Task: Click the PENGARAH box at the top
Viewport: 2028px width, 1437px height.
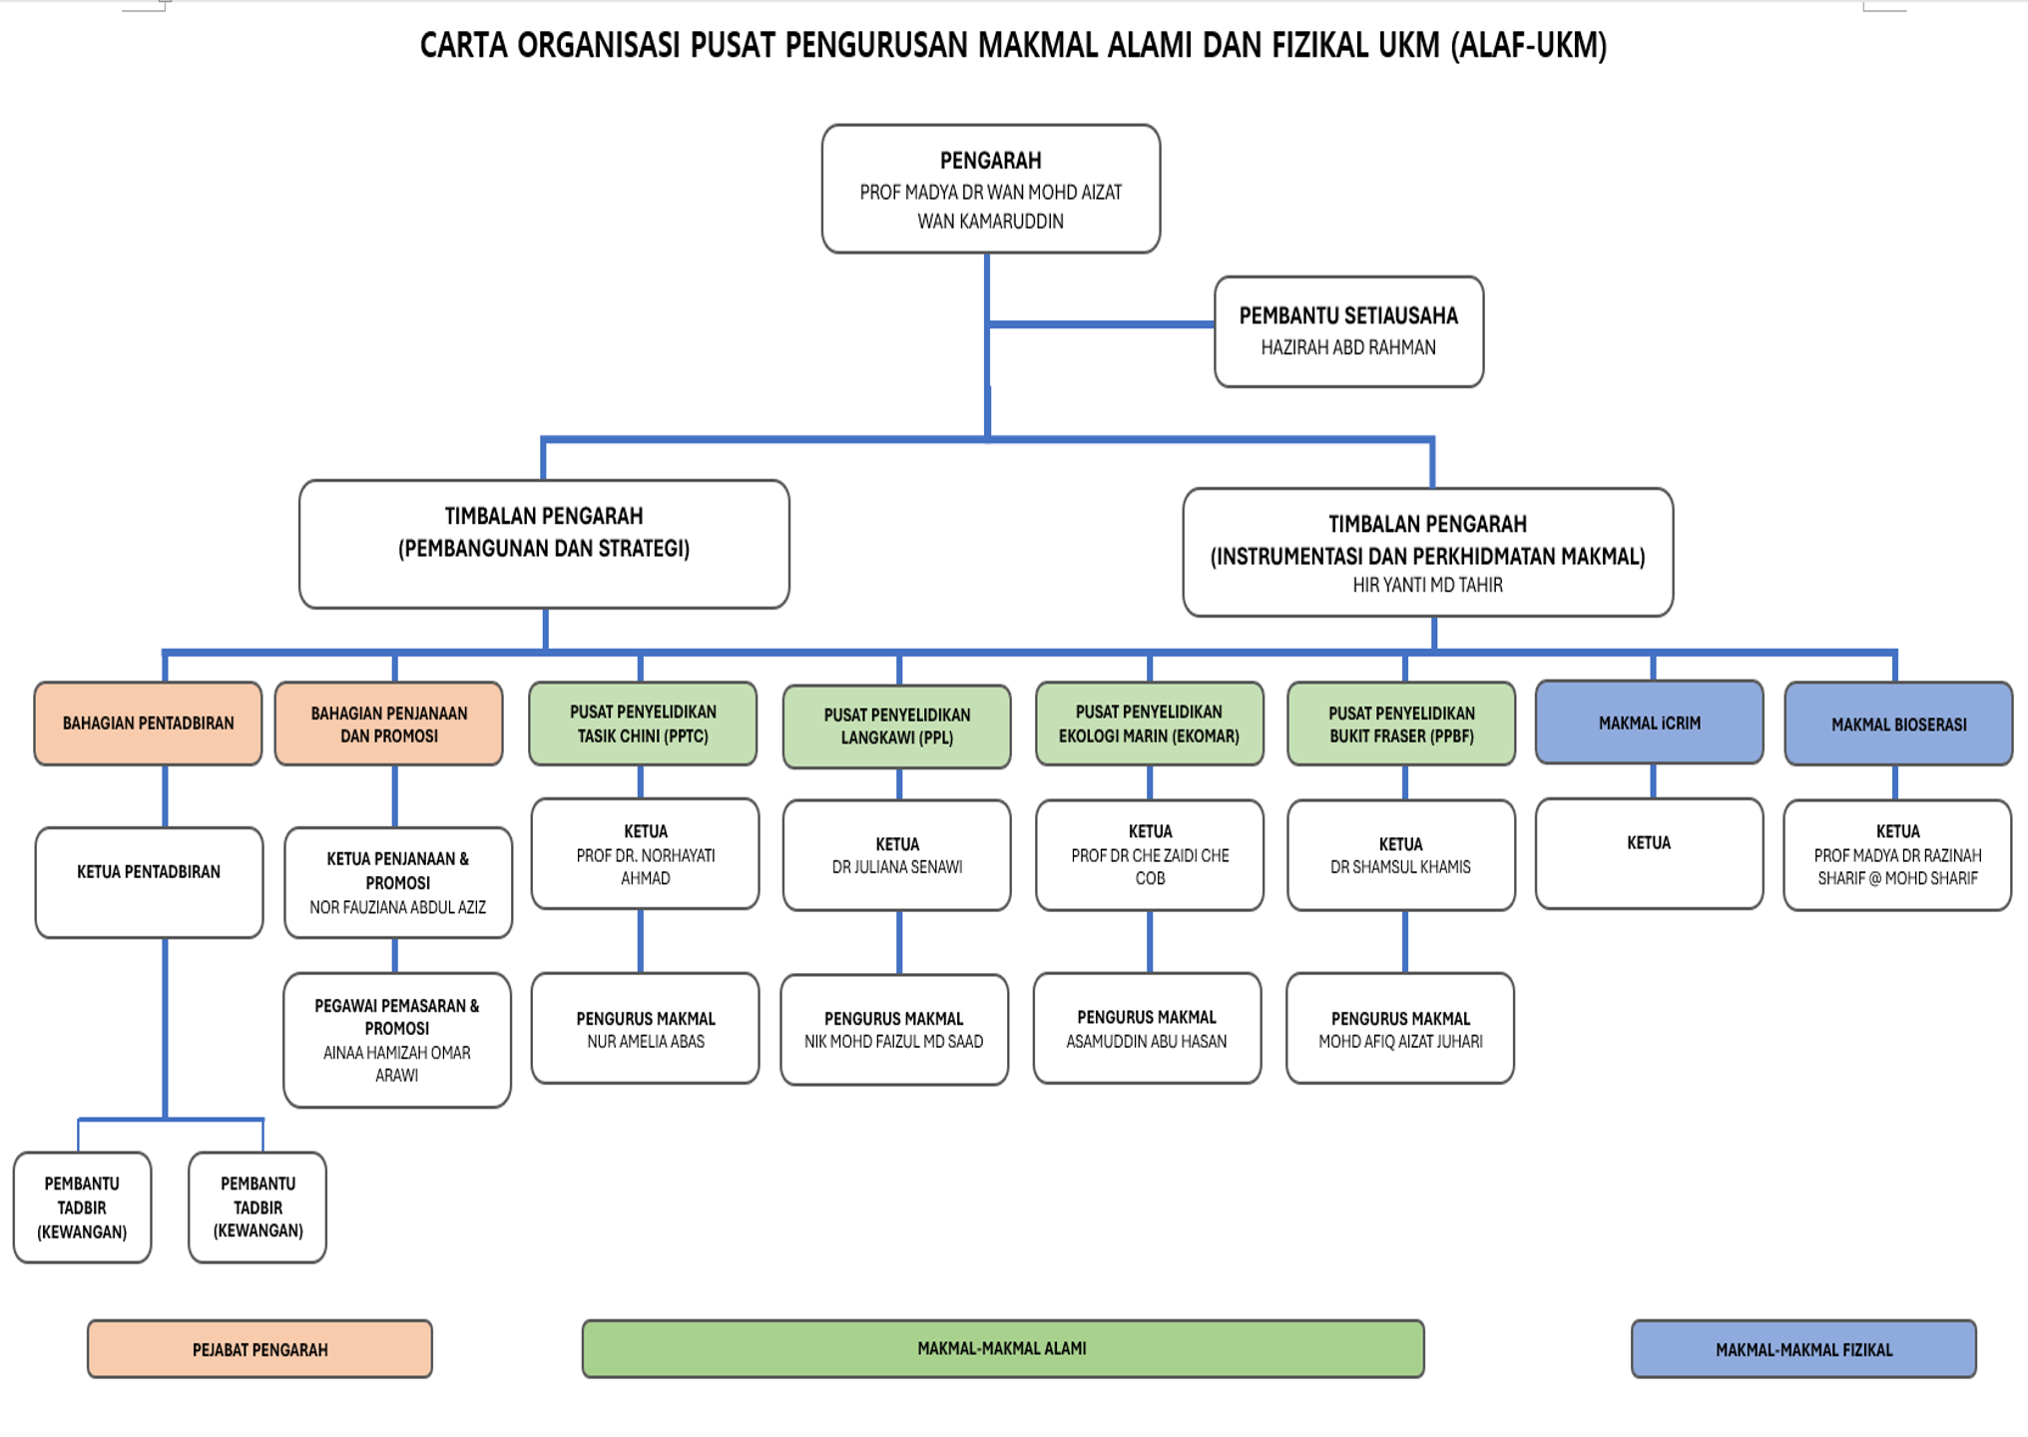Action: point(990,189)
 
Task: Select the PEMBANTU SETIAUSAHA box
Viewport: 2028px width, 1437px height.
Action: point(1347,331)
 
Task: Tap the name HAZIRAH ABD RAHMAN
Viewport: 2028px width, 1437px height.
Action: point(1347,347)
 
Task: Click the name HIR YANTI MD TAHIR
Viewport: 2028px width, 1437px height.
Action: point(1427,586)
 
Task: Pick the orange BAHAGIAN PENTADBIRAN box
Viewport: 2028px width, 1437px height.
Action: point(148,723)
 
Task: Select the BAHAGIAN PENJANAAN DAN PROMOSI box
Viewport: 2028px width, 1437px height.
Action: point(388,724)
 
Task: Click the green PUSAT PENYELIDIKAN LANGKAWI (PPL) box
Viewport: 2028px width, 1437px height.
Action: point(896,726)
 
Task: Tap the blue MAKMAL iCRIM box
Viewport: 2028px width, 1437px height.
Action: point(1649,722)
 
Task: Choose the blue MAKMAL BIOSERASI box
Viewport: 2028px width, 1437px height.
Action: point(1897,724)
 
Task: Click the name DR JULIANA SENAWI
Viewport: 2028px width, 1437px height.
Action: point(896,867)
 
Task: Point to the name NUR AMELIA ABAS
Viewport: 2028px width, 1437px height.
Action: point(645,1042)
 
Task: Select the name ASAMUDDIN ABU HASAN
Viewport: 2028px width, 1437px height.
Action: point(1146,1042)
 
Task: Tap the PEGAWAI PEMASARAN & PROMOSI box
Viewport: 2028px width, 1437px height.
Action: point(396,1039)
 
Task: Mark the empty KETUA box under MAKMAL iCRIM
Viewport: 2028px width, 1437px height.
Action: point(1649,853)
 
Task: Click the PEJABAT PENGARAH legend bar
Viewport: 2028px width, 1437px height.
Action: point(259,1349)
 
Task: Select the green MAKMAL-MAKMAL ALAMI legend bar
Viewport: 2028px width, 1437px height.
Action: point(1002,1348)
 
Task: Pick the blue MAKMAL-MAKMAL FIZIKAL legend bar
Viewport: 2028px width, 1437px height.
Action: point(1802,1349)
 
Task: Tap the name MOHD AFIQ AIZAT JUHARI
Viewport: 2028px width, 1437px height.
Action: point(1399,1042)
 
